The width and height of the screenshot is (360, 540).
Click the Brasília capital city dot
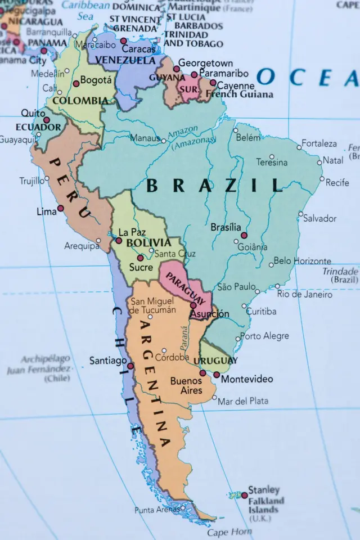[244, 235]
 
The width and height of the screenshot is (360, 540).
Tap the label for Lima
[46, 211]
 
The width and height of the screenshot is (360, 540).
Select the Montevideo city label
[247, 379]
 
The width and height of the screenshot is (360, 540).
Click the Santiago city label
[108, 361]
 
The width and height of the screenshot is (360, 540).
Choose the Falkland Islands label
[266, 505]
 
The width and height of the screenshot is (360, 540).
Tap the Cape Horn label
[222, 532]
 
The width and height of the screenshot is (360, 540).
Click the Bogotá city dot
[76, 83]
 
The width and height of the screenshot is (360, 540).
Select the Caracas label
[138, 49]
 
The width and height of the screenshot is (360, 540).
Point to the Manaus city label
[145, 138]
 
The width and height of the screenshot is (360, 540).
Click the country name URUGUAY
[215, 360]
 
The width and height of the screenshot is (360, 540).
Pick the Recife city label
[337, 183]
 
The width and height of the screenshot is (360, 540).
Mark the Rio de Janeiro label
[304, 294]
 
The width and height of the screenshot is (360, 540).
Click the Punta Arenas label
[156, 510]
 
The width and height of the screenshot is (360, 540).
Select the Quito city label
[33, 113]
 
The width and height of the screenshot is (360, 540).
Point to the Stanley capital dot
[244, 496]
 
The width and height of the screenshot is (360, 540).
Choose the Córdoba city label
[172, 357]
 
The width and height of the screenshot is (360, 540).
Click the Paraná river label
[184, 340]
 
